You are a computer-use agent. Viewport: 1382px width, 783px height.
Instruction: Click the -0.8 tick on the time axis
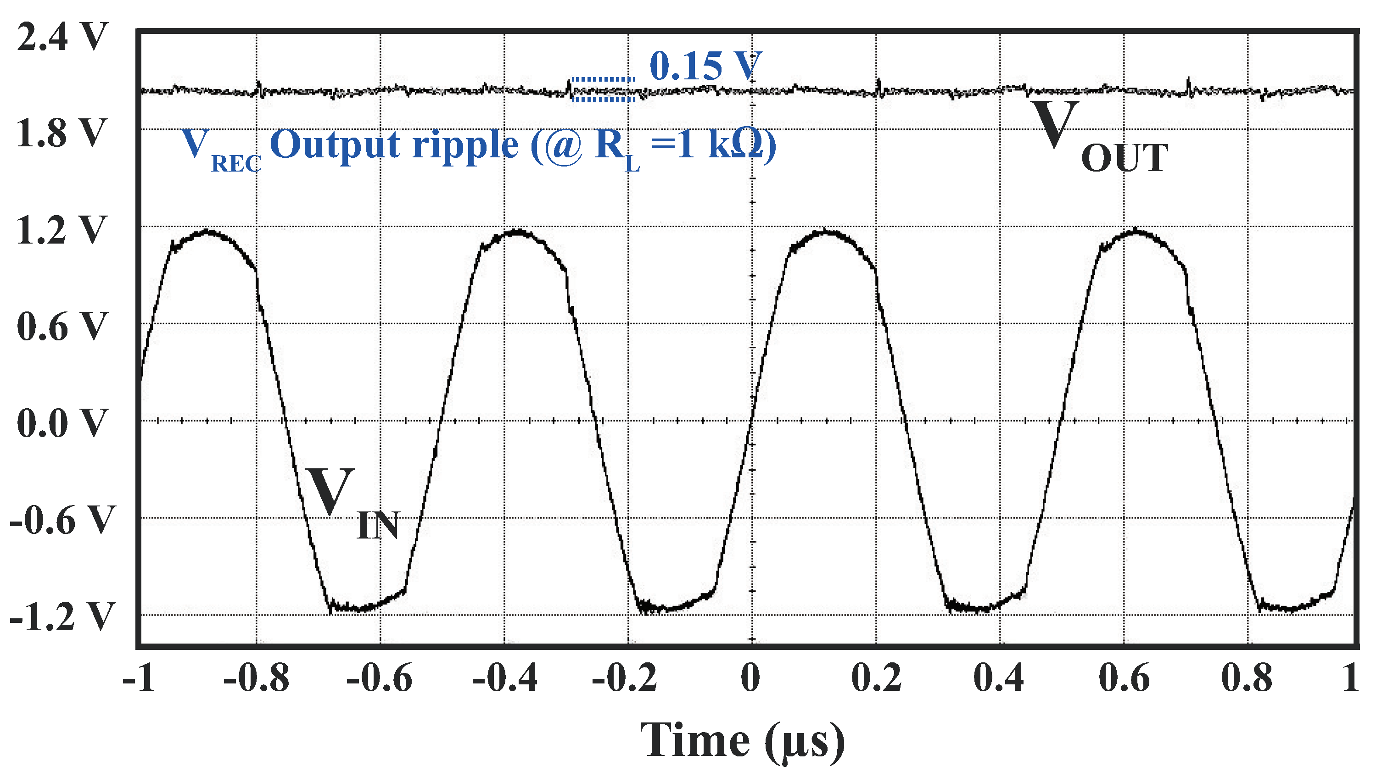pos(256,679)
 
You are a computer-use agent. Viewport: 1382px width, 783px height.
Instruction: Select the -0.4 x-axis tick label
pos(504,679)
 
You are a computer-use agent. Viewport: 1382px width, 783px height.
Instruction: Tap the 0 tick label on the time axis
pos(750,679)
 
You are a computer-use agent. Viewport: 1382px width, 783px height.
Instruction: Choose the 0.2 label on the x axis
pos(876,679)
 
